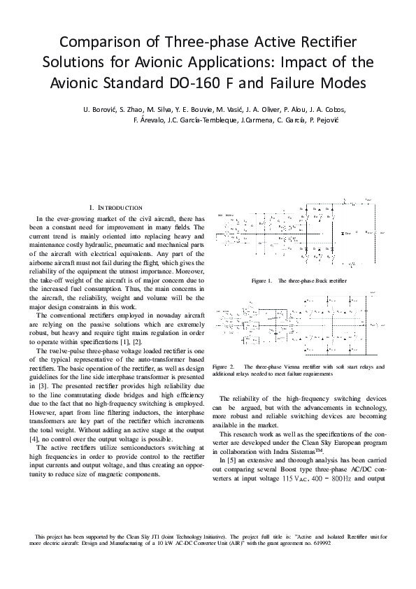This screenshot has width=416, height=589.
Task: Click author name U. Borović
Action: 99,109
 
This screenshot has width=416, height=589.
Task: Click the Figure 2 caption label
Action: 222,366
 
